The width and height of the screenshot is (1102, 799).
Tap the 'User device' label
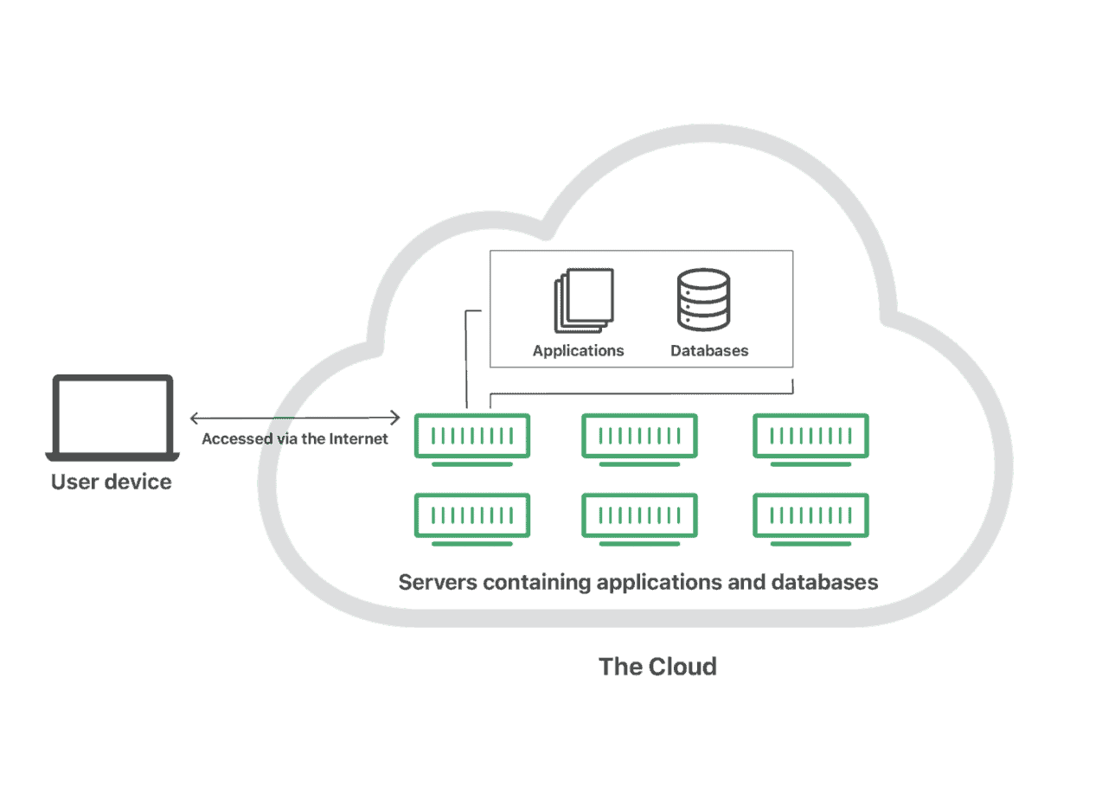112,482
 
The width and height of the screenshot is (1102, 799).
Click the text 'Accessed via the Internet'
295,438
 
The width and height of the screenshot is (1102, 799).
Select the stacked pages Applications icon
584,300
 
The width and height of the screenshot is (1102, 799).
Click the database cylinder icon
703,299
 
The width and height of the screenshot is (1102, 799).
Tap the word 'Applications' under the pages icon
578,351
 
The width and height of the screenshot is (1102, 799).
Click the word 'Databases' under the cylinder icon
709,350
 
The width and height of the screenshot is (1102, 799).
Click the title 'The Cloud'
657,667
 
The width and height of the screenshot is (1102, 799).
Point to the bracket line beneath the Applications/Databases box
642,393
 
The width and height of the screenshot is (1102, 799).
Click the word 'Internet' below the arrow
359,438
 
